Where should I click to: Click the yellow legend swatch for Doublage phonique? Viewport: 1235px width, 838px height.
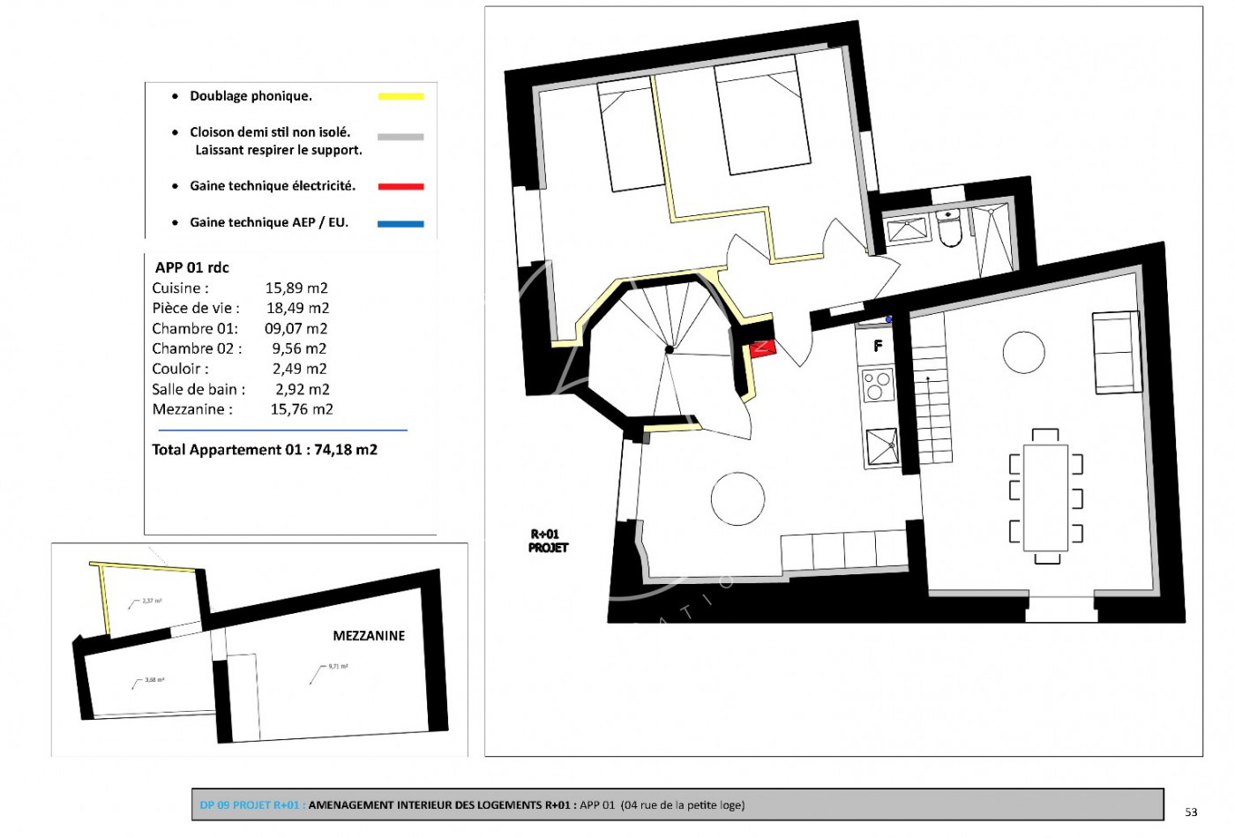(x=400, y=96)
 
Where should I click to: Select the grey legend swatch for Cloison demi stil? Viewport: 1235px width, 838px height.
(x=400, y=137)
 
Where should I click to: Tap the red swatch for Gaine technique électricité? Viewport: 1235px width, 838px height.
(x=400, y=186)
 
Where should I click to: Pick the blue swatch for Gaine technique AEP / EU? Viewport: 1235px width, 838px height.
(x=400, y=224)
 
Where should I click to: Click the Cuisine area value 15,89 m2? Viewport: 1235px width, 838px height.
(x=296, y=288)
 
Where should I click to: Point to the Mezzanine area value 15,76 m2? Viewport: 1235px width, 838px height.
(x=302, y=409)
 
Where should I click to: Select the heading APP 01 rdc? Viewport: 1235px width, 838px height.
(x=192, y=267)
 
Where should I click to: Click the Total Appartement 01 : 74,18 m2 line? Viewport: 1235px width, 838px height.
(x=265, y=450)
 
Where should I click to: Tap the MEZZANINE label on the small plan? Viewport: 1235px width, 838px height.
(x=369, y=636)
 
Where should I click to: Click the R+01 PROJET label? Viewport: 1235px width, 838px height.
(x=548, y=541)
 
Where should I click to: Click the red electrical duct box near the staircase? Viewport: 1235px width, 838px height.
(x=762, y=348)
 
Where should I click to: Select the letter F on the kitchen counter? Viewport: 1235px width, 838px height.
(x=878, y=346)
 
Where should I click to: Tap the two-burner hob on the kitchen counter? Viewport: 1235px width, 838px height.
(x=878, y=385)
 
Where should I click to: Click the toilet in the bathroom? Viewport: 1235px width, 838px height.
(x=950, y=229)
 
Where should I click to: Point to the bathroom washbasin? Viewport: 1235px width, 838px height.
(x=907, y=230)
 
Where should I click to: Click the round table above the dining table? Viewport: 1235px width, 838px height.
(x=1023, y=353)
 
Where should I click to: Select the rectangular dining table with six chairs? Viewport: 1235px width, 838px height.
(x=1046, y=497)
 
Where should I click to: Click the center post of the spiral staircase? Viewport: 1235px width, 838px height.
(x=670, y=350)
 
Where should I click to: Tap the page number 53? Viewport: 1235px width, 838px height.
(x=1191, y=812)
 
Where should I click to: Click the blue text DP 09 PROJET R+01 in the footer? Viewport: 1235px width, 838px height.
(x=251, y=804)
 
